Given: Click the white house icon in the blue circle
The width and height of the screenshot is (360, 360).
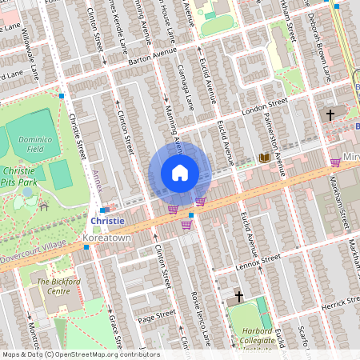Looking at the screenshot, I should coord(180,173).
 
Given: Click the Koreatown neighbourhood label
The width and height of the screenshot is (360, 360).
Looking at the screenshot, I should coord(106,238).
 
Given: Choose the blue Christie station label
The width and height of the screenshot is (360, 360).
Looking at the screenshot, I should coord(107,221).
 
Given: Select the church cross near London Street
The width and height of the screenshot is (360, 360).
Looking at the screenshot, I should coord(330,115).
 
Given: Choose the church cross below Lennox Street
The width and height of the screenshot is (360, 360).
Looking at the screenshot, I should coord(238,297).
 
